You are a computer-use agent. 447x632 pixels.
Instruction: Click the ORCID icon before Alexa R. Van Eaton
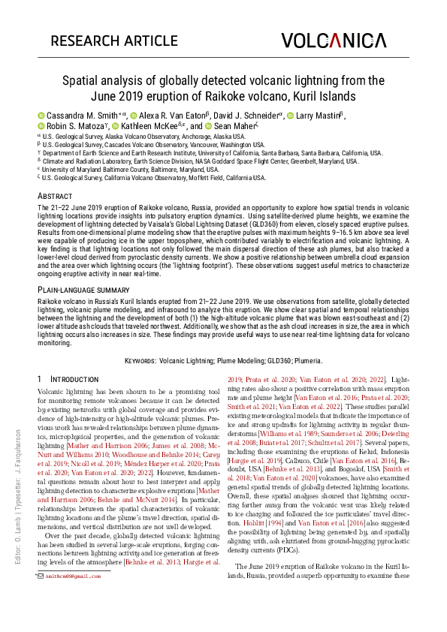(x=133, y=116)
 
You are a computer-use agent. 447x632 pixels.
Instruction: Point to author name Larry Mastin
(x=319, y=115)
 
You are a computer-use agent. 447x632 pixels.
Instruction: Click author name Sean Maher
(x=233, y=126)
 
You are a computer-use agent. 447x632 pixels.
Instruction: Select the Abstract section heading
(x=55, y=195)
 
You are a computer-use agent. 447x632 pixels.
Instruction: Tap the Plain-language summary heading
(x=84, y=288)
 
